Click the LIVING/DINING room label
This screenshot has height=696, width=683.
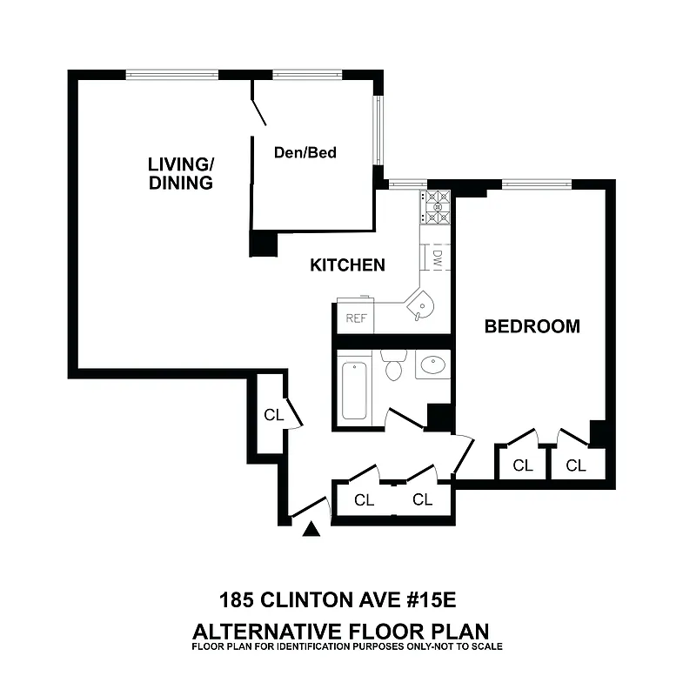tap(180, 173)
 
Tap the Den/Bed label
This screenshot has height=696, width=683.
tap(305, 152)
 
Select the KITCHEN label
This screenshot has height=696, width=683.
tap(347, 265)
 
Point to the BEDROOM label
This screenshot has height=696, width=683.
tap(532, 327)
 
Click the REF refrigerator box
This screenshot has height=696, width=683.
tap(357, 318)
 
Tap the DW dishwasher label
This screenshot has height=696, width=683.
tap(438, 258)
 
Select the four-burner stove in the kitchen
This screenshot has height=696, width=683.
tap(436, 206)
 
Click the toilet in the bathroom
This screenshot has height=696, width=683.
tap(393, 365)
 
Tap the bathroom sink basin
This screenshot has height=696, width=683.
tap(432, 365)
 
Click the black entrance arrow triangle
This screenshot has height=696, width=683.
tap(311, 527)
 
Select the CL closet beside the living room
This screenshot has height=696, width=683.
tap(273, 415)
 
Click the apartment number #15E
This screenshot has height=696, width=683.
tap(439, 600)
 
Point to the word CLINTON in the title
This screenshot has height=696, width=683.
tap(311, 600)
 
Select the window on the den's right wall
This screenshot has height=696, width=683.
tap(378, 130)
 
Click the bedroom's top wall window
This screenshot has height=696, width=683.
tap(536, 184)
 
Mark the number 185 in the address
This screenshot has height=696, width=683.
tap(236, 600)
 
